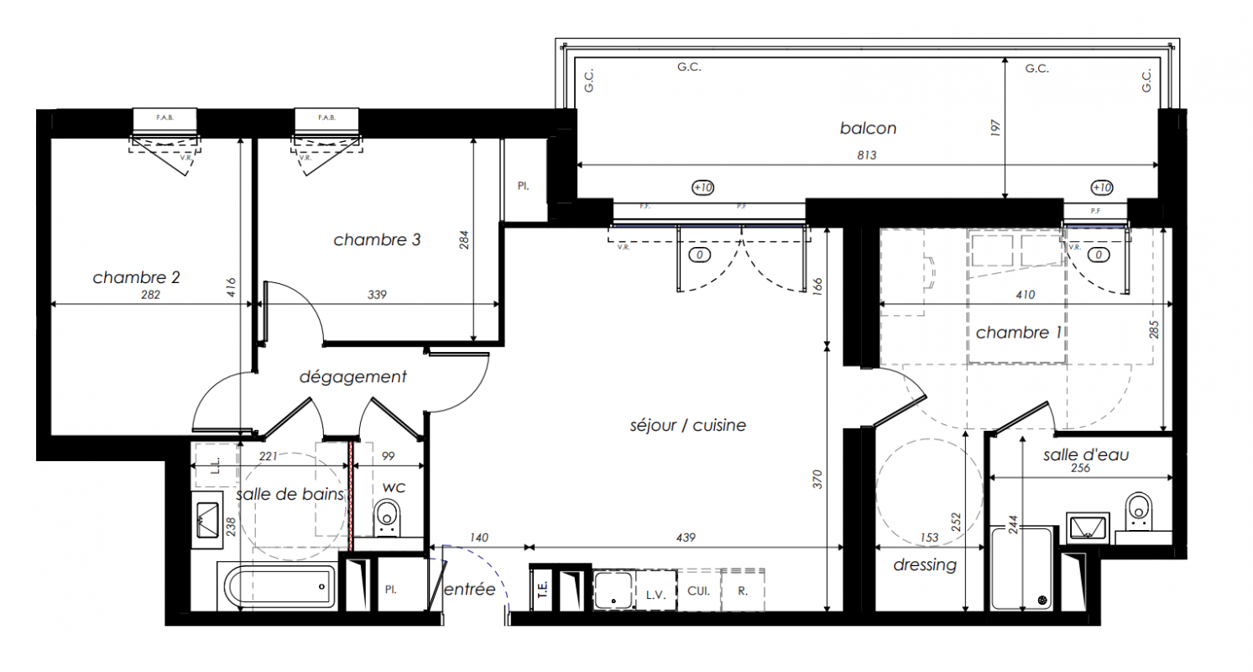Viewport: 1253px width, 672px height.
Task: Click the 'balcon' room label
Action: point(868,129)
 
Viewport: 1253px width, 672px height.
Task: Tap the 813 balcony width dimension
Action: point(866,155)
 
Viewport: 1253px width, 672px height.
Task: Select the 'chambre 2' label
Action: point(136,277)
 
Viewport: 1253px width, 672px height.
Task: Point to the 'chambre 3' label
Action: point(377,239)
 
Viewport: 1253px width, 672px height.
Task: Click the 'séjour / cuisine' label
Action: point(687,425)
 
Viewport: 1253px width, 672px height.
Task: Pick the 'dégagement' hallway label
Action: point(352,377)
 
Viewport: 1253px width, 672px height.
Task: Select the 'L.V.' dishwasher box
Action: point(655,591)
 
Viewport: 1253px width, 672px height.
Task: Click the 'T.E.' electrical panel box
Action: point(541,590)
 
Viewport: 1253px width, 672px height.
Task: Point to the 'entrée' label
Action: point(469,590)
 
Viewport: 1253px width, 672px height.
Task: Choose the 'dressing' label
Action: point(925,564)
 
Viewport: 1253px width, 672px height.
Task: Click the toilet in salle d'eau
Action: point(1138,512)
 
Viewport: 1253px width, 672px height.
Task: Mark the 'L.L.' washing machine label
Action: point(217,465)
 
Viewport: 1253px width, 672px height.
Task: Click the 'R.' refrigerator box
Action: point(742,591)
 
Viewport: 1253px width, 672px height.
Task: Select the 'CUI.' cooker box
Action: point(698,591)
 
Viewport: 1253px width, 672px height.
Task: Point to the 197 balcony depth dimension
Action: point(995,128)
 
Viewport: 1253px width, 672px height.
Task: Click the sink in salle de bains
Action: point(207,519)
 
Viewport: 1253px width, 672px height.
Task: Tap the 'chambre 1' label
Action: point(1019,333)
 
